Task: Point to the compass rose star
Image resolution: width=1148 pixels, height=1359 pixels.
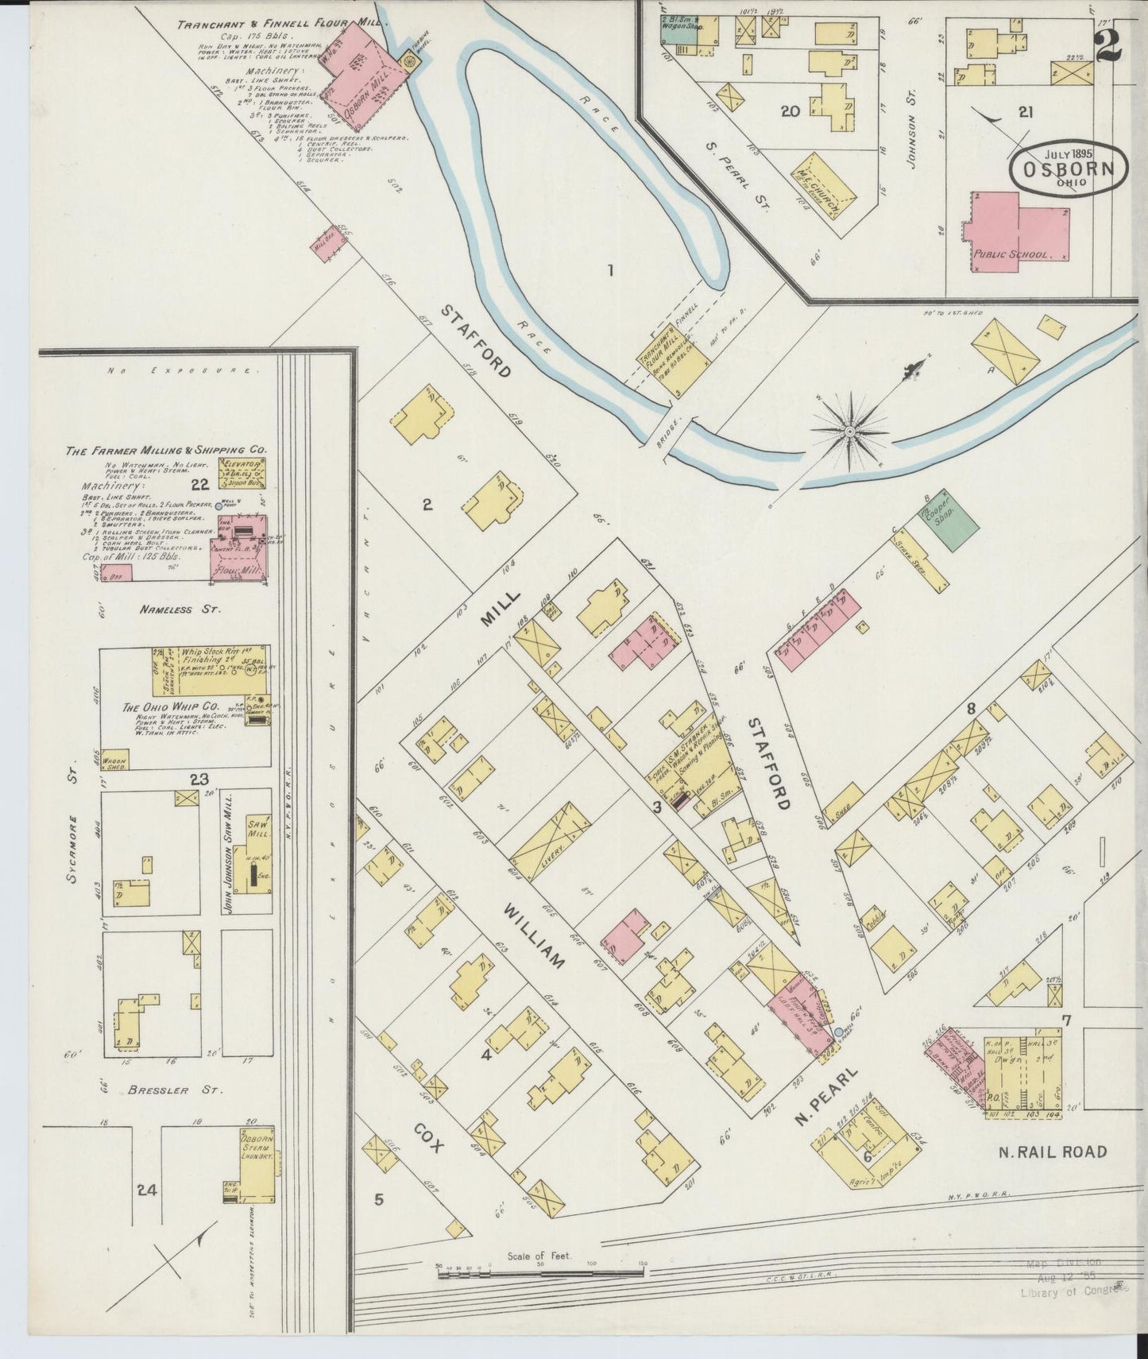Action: click(x=849, y=432)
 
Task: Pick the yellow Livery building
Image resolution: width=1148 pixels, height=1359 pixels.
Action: click(x=549, y=841)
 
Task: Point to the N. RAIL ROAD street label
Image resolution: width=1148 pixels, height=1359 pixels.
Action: click(x=1053, y=1152)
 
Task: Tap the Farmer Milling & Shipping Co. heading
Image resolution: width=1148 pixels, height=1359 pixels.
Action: click(x=165, y=450)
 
